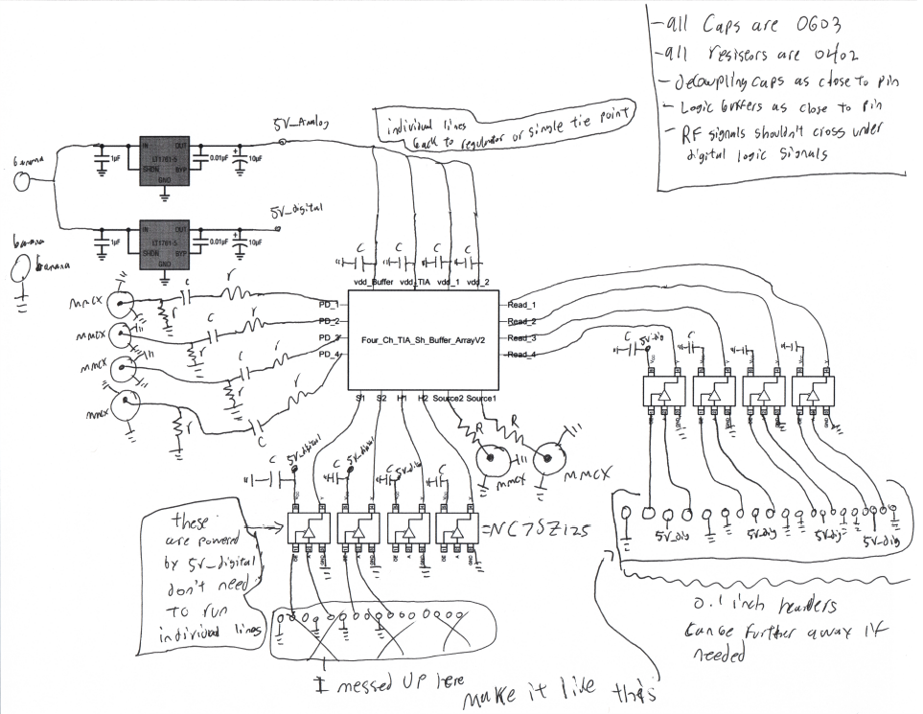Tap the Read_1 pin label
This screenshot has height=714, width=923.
point(522,304)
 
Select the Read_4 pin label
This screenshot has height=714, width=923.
point(522,356)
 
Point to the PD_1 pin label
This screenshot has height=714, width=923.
point(330,304)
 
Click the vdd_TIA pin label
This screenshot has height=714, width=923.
point(417,282)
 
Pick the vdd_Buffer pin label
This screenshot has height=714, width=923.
point(373,282)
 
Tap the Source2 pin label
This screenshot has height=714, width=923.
point(449,397)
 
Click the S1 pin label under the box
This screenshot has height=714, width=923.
point(359,397)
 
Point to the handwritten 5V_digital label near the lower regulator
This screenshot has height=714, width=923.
point(296,210)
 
